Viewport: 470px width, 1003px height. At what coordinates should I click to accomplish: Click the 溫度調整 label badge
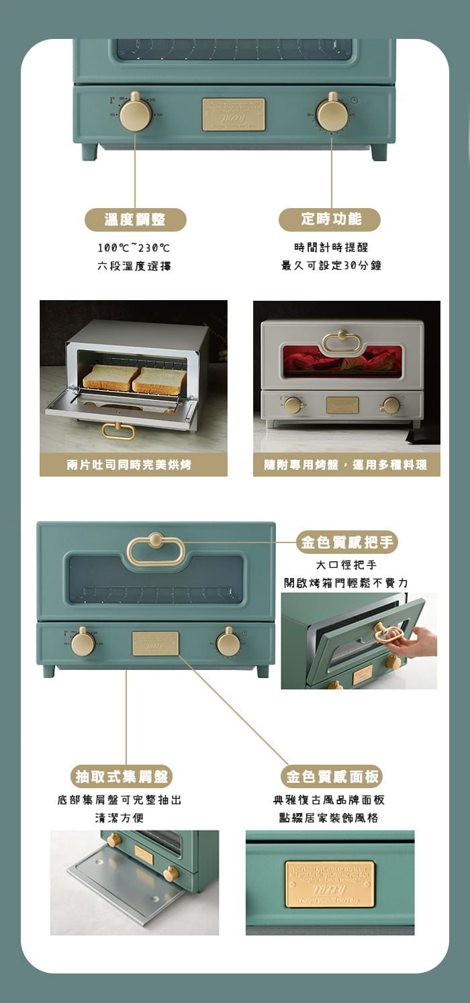135,219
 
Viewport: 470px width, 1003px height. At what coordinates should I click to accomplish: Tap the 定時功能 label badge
330,219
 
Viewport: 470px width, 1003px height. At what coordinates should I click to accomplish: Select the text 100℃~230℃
134,248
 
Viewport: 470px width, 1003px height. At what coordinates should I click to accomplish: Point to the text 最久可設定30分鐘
331,266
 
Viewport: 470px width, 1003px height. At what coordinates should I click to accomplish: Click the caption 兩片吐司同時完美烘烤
133,465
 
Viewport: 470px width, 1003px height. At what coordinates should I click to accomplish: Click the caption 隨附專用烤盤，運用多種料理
346,465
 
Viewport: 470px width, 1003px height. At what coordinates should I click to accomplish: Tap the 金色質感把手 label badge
347,542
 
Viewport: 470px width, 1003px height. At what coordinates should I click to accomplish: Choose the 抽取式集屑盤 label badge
122,777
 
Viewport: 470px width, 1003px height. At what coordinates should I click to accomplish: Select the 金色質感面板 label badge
332,777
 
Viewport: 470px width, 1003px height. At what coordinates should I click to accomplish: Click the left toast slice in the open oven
110,377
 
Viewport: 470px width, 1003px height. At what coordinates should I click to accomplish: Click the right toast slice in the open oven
160,380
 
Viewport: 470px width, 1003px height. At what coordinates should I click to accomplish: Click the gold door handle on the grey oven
342,342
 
